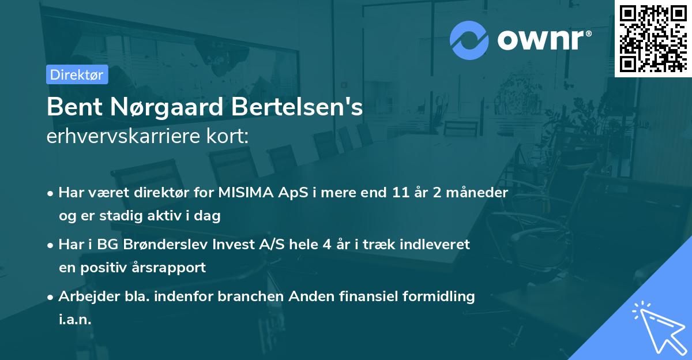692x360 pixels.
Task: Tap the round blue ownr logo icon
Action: click(469, 40)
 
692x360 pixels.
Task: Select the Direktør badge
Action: click(77, 74)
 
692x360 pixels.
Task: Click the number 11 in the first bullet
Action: click(401, 193)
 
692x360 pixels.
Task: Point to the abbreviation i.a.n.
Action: click(75, 320)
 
